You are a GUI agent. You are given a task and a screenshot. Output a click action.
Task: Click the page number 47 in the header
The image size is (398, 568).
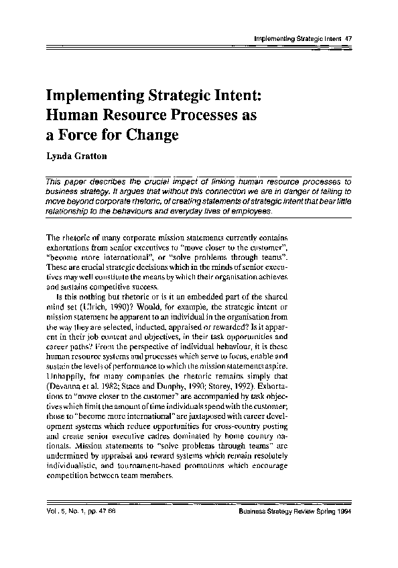point(348,38)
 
